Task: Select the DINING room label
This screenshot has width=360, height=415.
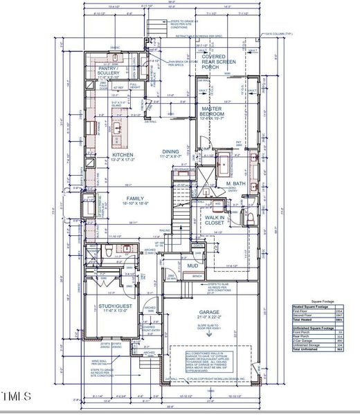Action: (x=170, y=154)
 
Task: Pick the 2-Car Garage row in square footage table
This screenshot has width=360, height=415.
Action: (x=305, y=340)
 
